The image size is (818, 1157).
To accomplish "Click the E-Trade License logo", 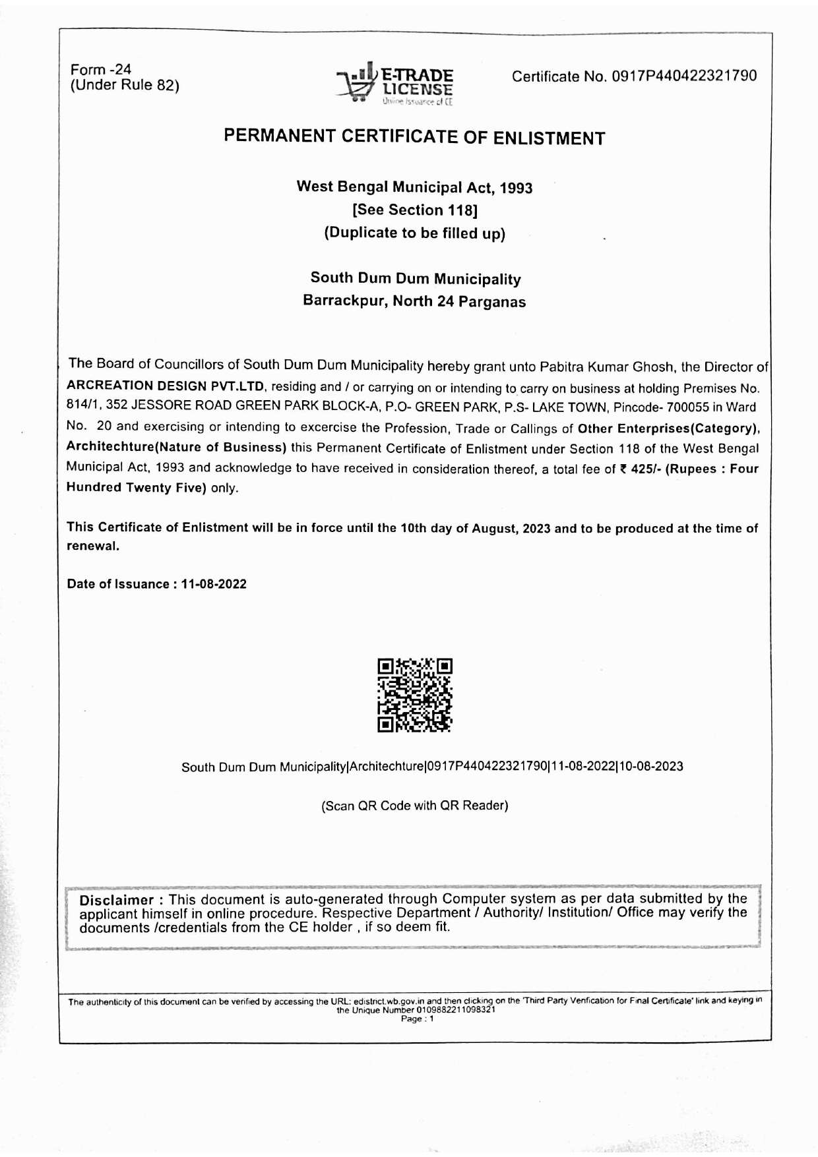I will pyautogui.click(x=395, y=84).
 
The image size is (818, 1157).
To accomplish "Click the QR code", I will pyautogui.click(x=415, y=695).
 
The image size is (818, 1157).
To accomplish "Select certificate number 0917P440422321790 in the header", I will pyautogui.click(x=684, y=76).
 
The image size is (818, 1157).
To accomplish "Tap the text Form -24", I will pyautogui.click(x=101, y=69).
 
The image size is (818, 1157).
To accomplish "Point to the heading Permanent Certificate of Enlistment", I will pyautogui.click(x=414, y=137).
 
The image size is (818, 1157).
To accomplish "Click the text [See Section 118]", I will pyautogui.click(x=414, y=210).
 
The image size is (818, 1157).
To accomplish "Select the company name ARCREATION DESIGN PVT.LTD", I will pyautogui.click(x=166, y=386).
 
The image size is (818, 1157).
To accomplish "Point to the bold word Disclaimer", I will pyautogui.click(x=117, y=901).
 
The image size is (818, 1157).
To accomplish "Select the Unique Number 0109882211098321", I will pyautogui.click(x=456, y=1010).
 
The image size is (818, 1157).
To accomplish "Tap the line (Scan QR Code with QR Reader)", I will pyautogui.click(x=414, y=806).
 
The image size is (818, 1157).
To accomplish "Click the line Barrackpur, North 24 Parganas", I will pyautogui.click(x=414, y=301).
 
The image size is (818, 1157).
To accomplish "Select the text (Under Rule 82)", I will pyautogui.click(x=125, y=85).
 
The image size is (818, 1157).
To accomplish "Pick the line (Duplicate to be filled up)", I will pyautogui.click(x=414, y=233).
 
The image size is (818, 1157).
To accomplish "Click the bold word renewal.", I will pyautogui.click(x=92, y=547).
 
